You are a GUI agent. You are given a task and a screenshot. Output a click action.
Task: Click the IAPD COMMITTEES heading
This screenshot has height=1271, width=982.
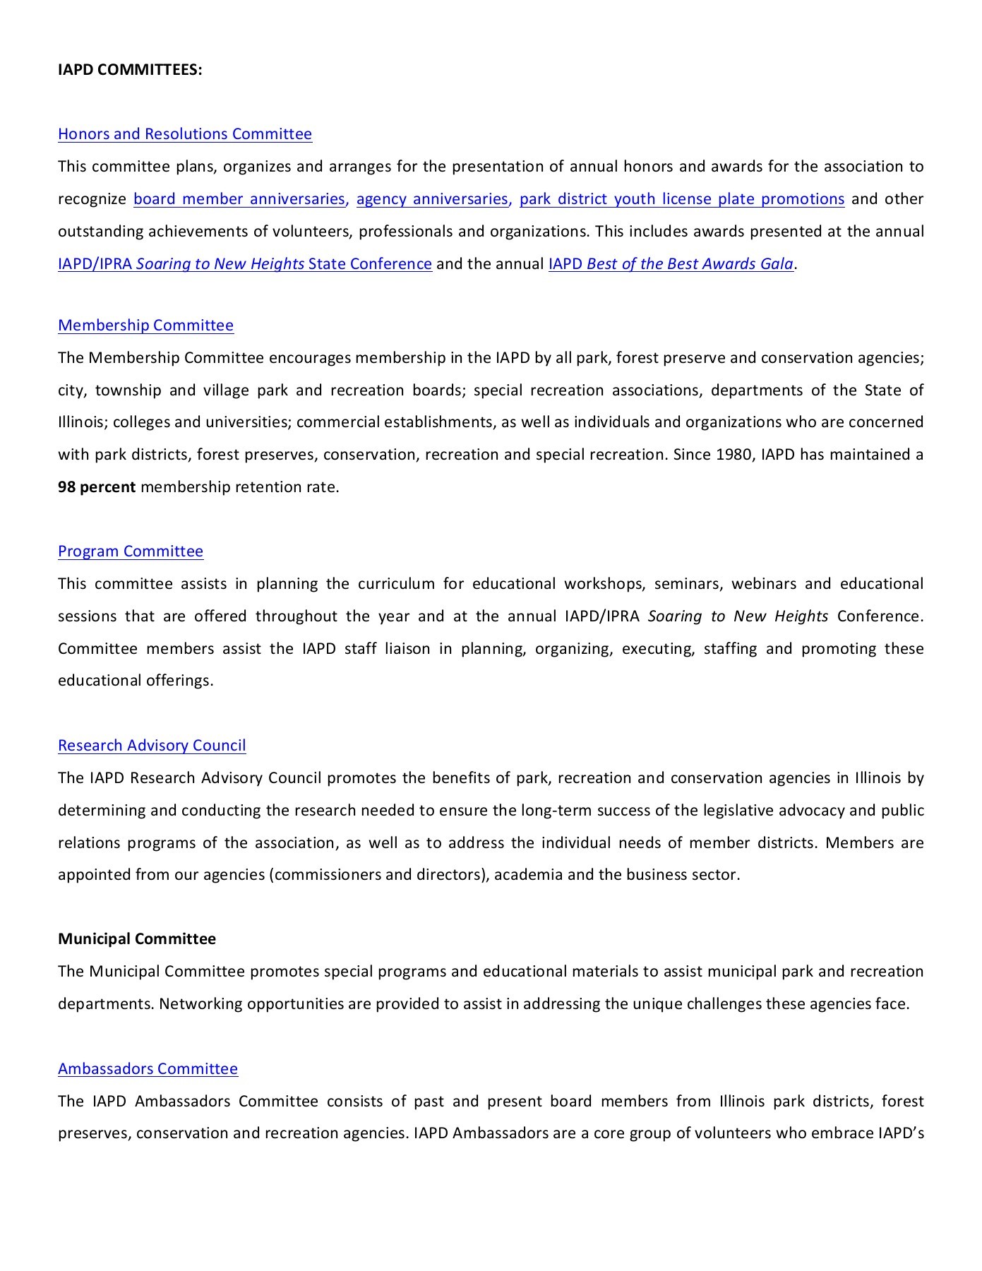(130, 70)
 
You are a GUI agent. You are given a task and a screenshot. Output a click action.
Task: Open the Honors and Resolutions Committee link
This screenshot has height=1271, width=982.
(184, 134)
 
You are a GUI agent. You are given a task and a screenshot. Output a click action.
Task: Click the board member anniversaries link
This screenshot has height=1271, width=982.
(239, 199)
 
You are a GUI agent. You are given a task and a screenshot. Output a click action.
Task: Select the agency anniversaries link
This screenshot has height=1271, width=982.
(433, 199)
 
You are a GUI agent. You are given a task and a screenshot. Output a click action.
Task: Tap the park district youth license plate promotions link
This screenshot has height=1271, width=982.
(681, 199)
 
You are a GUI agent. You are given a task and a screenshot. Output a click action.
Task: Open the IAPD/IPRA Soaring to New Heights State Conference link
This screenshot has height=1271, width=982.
(244, 264)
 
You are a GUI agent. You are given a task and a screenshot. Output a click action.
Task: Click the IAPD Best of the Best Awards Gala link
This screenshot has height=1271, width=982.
(671, 264)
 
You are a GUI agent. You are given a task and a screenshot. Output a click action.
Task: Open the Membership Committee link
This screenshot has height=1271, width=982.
(145, 326)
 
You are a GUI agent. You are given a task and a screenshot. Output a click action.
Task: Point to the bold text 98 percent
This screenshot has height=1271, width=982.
(97, 487)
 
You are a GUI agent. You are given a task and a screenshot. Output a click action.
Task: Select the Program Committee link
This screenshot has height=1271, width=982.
(131, 551)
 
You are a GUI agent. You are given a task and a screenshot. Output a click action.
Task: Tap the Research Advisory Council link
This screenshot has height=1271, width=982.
(152, 746)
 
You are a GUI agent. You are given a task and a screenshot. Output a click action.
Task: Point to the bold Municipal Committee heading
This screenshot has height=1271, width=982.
(137, 939)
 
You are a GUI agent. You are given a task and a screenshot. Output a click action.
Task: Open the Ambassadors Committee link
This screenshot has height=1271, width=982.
(148, 1069)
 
